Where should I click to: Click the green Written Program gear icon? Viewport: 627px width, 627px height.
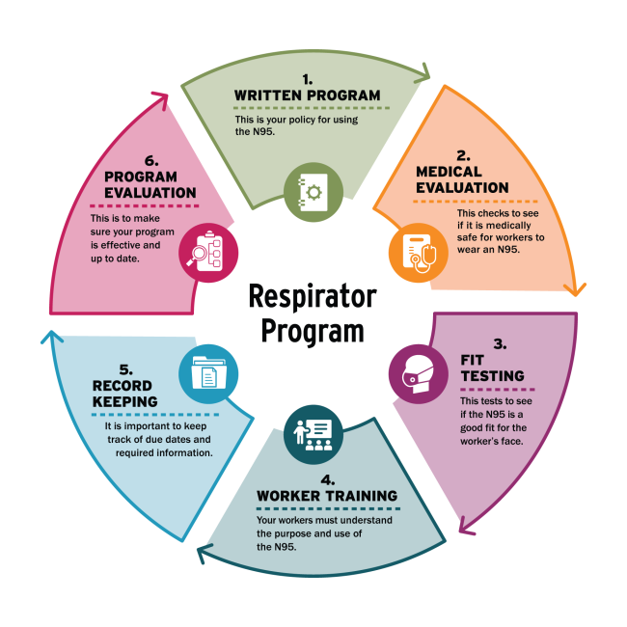point(313,191)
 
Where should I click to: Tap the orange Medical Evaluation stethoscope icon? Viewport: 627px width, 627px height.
point(418,249)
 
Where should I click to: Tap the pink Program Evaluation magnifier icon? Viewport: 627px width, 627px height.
point(207,250)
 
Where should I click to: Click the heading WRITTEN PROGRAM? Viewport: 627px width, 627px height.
point(308,95)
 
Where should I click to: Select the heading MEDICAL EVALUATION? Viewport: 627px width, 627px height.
point(462,179)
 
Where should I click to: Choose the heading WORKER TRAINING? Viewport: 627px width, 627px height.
point(326,496)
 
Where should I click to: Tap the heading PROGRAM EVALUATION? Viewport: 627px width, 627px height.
point(150,185)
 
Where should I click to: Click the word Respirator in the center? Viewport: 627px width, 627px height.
point(313,295)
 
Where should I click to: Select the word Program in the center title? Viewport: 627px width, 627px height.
point(313,330)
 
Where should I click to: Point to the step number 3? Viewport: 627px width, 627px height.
point(499,342)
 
